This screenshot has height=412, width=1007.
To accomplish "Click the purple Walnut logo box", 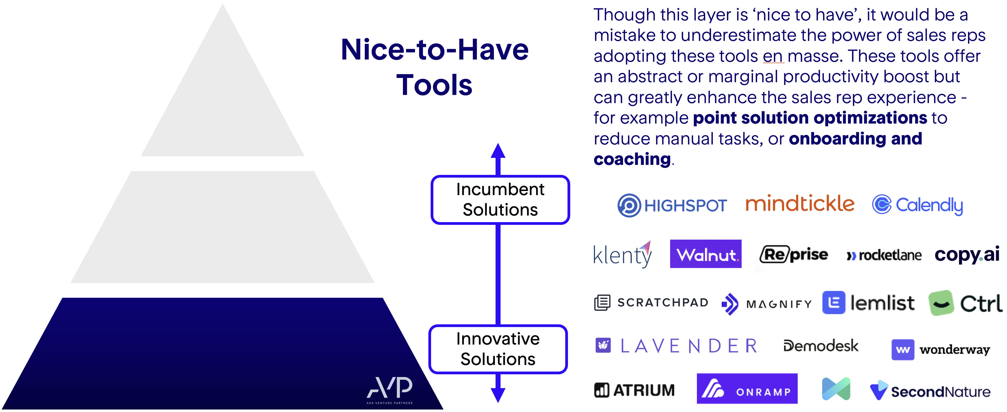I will point(706,254).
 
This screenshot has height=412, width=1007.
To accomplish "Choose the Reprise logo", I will point(794,255).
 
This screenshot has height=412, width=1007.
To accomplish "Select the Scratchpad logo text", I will point(663,303).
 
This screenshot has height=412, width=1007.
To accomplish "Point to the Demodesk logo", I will point(821,346).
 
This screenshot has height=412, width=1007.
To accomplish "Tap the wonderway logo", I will point(940,349).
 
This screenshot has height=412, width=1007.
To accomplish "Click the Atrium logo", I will point(634,390).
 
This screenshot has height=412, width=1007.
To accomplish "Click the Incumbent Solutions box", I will point(500,200).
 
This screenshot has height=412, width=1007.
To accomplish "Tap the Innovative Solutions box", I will point(498,349).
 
